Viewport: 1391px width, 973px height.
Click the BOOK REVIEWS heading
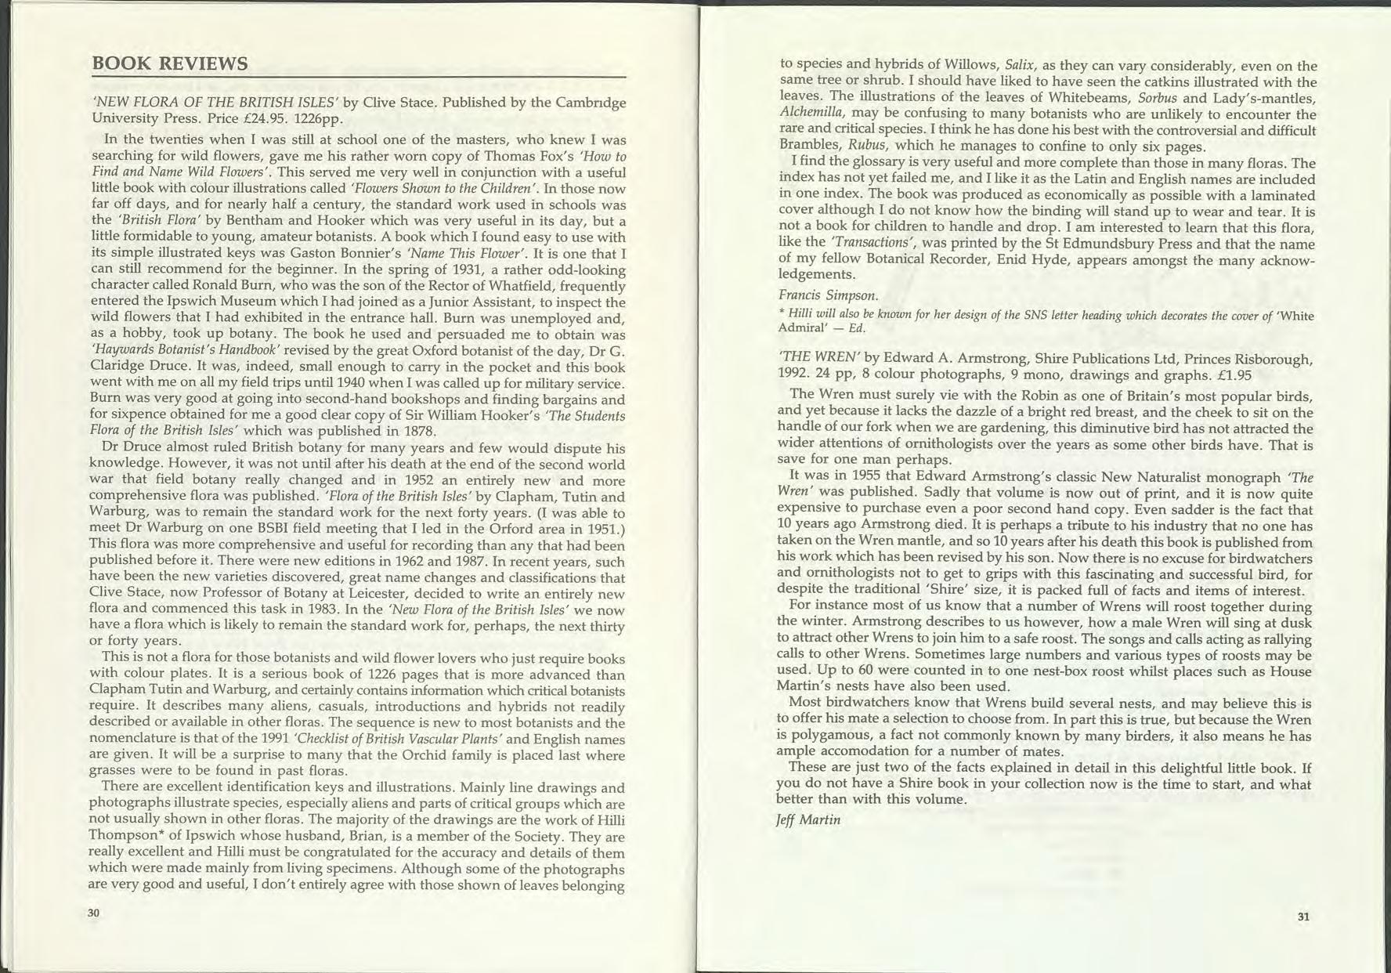pyautogui.click(x=170, y=63)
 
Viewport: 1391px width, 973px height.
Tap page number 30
pyautogui.click(x=94, y=913)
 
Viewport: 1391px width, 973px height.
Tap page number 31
pyautogui.click(x=1303, y=917)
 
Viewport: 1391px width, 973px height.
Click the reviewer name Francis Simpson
pyautogui.click(x=828, y=295)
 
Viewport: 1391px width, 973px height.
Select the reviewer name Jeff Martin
pyautogui.click(x=808, y=819)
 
